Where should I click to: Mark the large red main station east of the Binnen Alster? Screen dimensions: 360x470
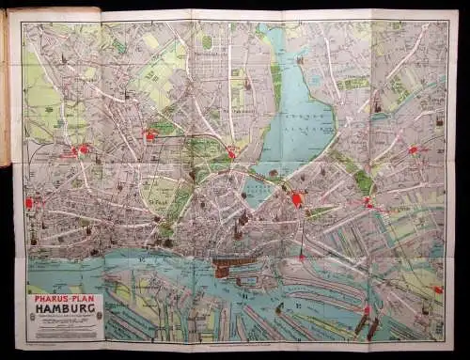tap(298, 199)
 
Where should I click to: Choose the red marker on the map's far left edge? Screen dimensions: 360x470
tap(29, 203)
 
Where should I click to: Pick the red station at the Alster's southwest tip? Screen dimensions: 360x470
tap(231, 153)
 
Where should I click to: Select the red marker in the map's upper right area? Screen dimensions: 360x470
tap(412, 149)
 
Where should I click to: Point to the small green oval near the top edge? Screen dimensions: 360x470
tap(206, 42)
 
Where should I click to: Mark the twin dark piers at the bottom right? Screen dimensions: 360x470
tap(367, 324)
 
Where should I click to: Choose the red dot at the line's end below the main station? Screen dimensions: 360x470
tap(301, 256)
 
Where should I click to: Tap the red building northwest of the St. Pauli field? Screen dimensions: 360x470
tap(149, 135)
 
